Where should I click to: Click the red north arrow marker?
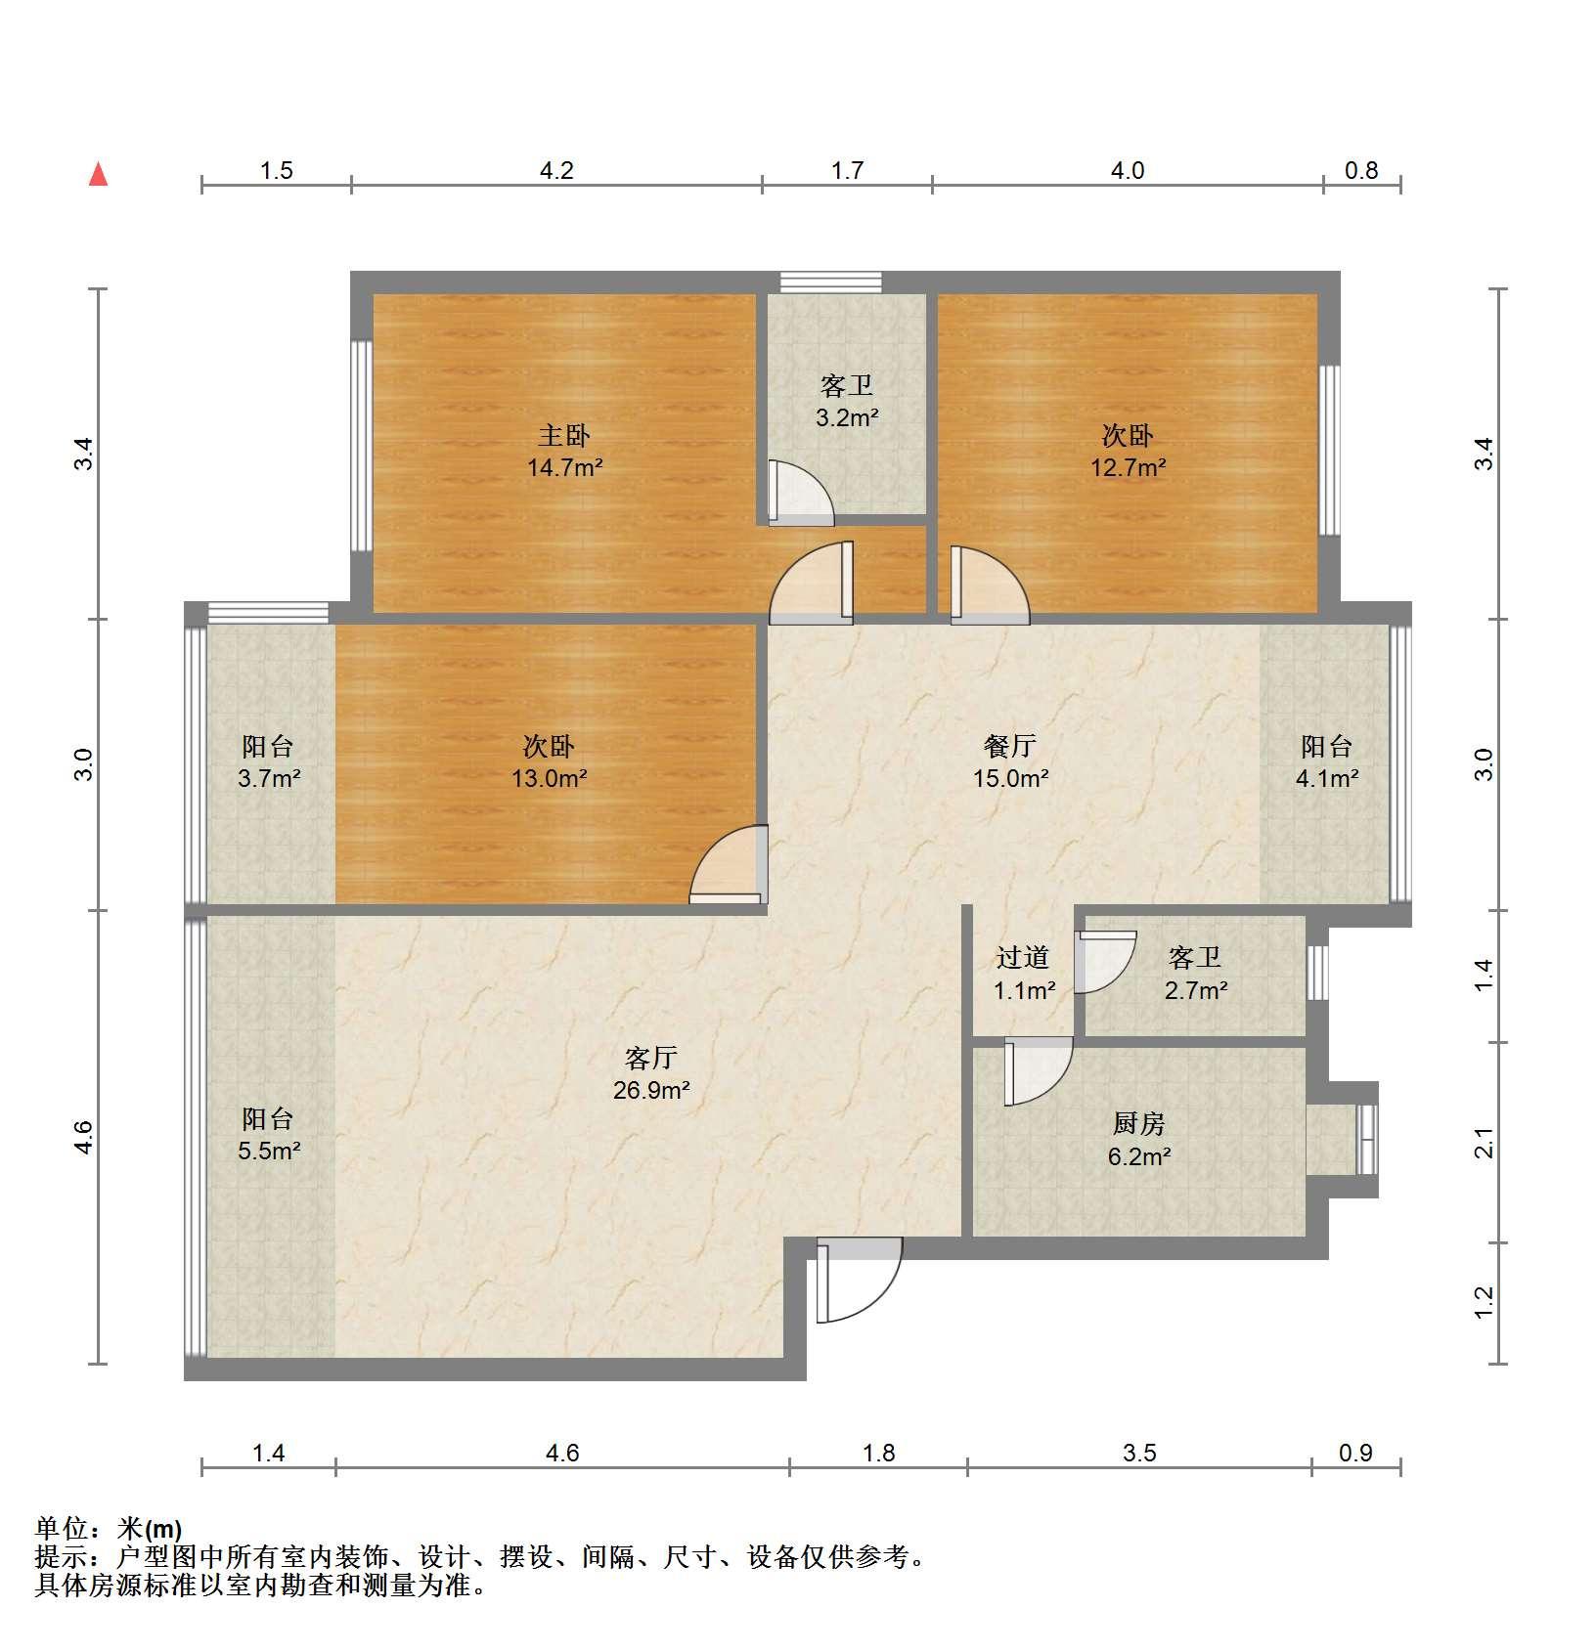(98, 174)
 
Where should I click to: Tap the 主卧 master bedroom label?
(564, 435)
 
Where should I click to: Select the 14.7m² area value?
(564, 467)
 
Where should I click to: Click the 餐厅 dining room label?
(1009, 746)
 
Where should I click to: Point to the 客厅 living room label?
(651, 1057)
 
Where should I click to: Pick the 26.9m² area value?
(651, 1089)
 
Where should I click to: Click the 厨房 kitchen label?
(1139, 1124)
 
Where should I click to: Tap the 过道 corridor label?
(1023, 957)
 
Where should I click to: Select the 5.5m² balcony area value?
(269, 1151)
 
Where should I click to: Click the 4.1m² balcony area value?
(1327, 779)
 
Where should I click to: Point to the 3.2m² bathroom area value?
(847, 418)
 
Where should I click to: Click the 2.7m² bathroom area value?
(1196, 990)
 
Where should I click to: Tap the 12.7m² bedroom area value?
(1128, 467)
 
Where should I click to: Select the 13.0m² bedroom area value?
(549, 779)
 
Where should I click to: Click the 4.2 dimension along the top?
(556, 170)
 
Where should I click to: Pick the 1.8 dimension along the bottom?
(879, 1453)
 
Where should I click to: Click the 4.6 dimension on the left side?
(84, 1137)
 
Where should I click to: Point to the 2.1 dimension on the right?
(1484, 1142)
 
